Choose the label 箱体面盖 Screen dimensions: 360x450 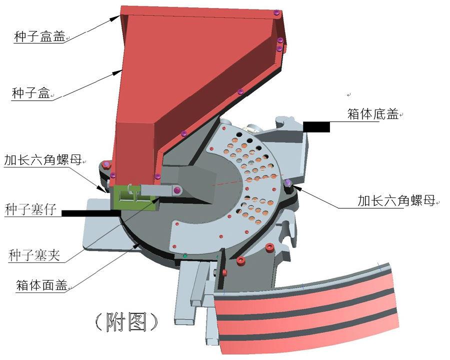pos(41,285)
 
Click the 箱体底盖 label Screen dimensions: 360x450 pos(373,114)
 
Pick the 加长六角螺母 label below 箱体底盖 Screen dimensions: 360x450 pos(396,201)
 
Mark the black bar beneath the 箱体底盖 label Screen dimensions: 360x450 pos(316,126)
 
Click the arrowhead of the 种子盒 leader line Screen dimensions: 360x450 pos(117,72)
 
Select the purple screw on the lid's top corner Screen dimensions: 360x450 pos(276,12)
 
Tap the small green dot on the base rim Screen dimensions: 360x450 pos(185,256)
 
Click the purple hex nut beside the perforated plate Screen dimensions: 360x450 pos(288,182)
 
